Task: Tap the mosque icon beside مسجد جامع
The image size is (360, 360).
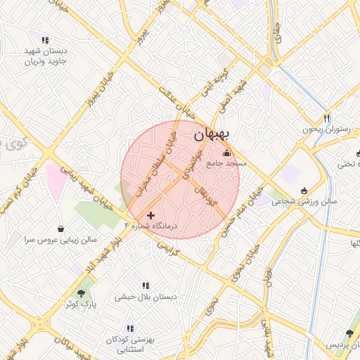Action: (x=226, y=154)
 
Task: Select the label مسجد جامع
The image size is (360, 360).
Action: (x=226, y=164)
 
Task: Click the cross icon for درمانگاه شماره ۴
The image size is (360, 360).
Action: (x=150, y=214)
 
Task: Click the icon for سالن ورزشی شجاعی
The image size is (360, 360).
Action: (x=304, y=190)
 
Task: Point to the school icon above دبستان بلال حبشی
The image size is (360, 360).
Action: (x=146, y=285)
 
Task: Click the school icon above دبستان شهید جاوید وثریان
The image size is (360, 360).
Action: (x=46, y=41)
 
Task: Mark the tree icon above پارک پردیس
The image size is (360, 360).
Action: (x=349, y=334)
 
